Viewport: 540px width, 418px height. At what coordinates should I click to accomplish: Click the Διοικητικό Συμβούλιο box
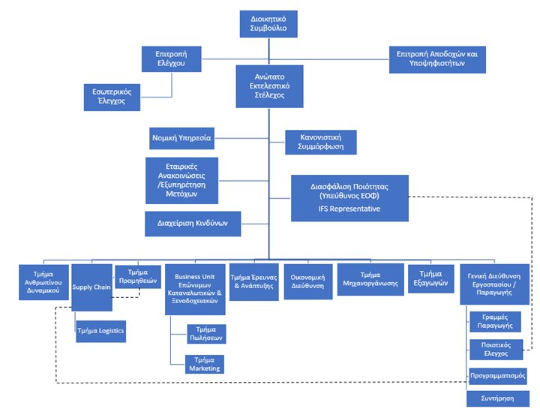(x=268, y=24)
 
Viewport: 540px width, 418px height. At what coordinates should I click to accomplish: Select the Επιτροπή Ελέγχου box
(x=172, y=59)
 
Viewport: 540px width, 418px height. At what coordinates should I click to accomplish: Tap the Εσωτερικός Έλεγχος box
(x=112, y=97)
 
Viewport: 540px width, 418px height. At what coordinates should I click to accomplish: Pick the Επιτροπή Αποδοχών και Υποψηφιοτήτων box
(x=437, y=59)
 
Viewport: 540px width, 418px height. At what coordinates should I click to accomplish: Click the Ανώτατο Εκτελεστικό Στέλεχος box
(x=270, y=86)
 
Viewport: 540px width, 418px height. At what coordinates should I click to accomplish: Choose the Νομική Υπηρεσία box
(x=181, y=138)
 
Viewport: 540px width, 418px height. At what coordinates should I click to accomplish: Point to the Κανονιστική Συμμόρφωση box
(x=321, y=142)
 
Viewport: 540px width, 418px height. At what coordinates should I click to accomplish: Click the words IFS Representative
(x=349, y=209)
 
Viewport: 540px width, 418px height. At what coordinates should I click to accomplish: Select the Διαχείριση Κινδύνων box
(x=193, y=224)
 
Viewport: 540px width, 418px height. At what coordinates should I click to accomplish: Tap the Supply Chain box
(x=92, y=287)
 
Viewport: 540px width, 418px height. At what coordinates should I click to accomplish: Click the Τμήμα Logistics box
(x=101, y=331)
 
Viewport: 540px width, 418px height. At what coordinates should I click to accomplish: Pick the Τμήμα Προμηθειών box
(x=138, y=276)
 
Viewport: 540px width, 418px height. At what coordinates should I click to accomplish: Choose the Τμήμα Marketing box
(x=205, y=364)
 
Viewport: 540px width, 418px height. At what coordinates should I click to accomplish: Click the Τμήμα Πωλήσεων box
(x=207, y=334)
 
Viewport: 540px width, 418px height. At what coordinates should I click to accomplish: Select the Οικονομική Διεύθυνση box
(x=308, y=281)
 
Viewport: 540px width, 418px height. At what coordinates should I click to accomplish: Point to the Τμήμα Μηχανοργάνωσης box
(x=370, y=279)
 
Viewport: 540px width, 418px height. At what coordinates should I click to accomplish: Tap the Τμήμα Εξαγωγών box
(x=431, y=278)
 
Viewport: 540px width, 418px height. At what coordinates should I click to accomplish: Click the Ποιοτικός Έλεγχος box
(x=496, y=350)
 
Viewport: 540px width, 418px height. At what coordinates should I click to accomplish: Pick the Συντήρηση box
(x=498, y=398)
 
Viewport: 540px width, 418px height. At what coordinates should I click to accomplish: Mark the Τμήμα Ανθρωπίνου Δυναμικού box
(x=43, y=282)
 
